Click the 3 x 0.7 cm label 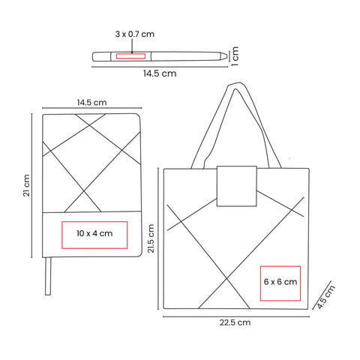click(x=135, y=34)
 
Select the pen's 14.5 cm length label click(x=160, y=73)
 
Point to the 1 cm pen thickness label click(x=235, y=56)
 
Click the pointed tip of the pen click(x=227, y=56)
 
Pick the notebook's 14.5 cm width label click(x=91, y=103)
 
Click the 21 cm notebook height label click(x=26, y=185)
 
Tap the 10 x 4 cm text click(x=94, y=233)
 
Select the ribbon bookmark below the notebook click(x=48, y=276)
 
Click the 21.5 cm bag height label click(x=151, y=238)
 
